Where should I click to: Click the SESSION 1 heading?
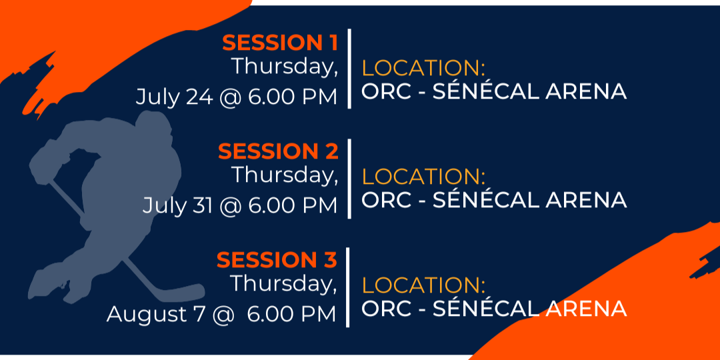click(280, 43)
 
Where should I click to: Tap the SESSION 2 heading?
click(278, 151)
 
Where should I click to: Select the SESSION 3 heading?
click(277, 260)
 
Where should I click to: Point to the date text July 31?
click(178, 206)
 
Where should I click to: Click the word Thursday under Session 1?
click(285, 67)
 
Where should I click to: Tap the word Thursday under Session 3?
click(283, 284)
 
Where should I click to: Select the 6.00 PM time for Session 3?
click(292, 314)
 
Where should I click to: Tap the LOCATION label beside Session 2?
click(423, 177)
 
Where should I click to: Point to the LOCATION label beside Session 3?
click(423, 285)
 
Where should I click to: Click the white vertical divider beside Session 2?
click(349, 179)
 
